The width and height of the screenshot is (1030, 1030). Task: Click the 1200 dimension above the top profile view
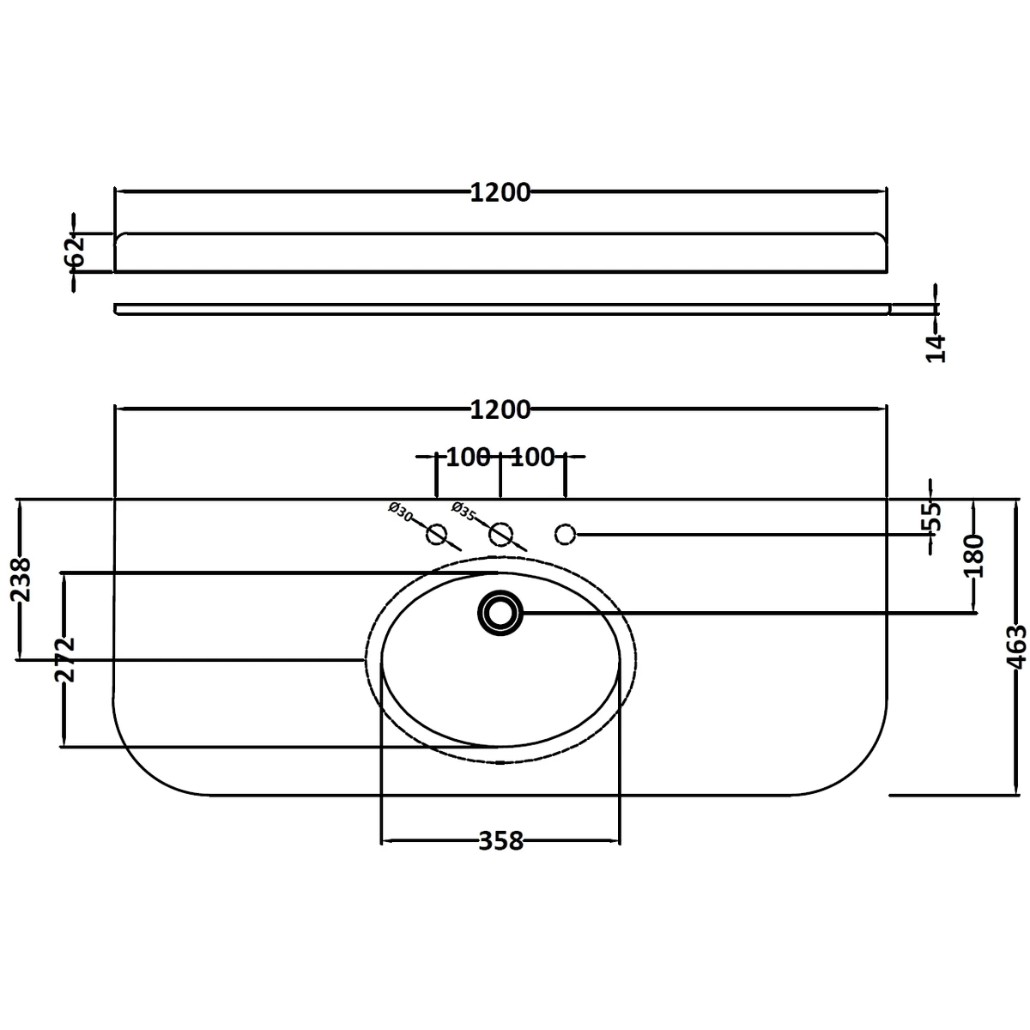[500, 193]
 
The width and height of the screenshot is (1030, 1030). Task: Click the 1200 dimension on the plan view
[500, 410]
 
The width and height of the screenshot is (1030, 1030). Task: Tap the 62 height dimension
[75, 251]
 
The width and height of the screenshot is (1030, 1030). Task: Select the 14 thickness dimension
[936, 348]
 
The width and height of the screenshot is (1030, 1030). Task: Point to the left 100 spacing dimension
[468, 457]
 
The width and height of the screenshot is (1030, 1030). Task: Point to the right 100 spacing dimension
[533, 457]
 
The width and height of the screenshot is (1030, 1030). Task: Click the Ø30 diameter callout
[401, 515]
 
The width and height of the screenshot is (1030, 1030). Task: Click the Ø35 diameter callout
[463, 512]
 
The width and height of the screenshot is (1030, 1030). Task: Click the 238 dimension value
[21, 579]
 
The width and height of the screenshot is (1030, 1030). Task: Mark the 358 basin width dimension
[500, 842]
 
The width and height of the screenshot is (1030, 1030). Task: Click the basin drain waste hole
[500, 613]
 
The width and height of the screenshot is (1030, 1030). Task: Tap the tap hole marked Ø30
[437, 535]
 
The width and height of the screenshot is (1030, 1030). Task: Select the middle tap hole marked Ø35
[500, 535]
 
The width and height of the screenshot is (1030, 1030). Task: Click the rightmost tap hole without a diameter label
[565, 535]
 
